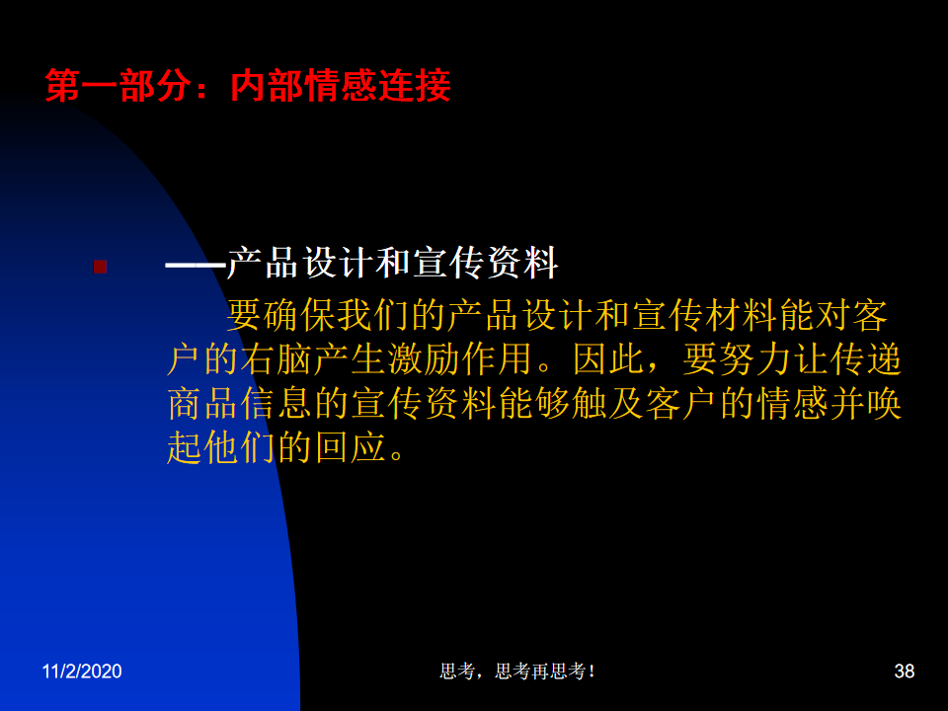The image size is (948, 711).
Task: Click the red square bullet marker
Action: [101, 267]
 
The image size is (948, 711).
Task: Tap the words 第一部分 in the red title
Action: [118, 85]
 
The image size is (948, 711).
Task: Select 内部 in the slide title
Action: [267, 85]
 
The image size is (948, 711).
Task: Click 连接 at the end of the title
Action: [414, 85]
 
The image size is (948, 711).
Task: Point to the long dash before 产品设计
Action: [196, 265]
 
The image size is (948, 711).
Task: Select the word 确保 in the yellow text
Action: [281, 316]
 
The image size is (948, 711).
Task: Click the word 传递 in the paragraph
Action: [866, 359]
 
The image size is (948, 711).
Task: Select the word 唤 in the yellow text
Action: [884, 403]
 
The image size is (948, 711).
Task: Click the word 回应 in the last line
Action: [351, 447]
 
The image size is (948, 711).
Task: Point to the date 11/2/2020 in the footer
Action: [82, 671]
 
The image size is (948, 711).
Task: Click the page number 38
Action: [905, 671]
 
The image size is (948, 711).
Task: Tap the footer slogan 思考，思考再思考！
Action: [517, 671]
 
